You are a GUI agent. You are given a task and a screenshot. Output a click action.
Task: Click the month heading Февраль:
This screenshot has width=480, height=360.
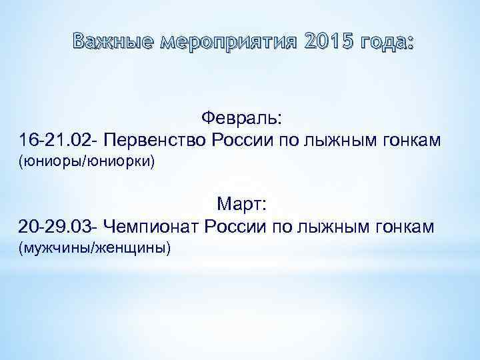pos(241,119)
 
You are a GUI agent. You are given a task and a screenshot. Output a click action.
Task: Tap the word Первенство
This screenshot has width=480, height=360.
pos(155,141)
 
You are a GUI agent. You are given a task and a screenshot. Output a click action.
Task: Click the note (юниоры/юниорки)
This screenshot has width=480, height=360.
pos(87,162)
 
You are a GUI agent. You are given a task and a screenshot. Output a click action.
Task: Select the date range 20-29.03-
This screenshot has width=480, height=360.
pos(59,227)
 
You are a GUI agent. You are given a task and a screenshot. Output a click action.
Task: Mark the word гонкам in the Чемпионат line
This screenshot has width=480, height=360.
pos(408,227)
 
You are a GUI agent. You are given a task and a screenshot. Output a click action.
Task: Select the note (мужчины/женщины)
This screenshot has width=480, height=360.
pos(95,248)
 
